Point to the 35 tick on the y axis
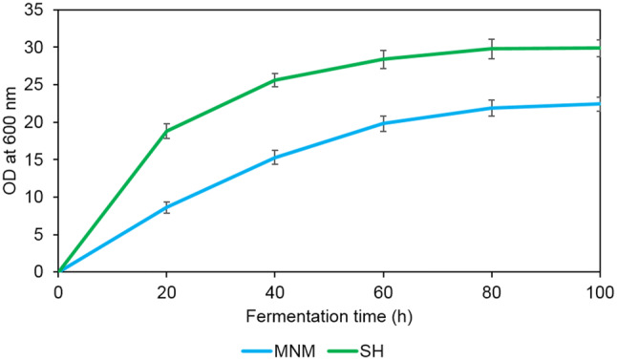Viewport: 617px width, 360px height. coord(37,11)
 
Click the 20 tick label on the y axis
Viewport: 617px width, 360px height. coord(37,122)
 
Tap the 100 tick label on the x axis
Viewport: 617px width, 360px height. coord(600,289)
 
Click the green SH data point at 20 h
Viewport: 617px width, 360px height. coord(166,132)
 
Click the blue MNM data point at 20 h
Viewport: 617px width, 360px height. coord(166,207)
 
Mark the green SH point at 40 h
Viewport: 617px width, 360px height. coord(275,80)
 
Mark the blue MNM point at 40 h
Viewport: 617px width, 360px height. coord(275,158)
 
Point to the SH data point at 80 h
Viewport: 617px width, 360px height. coord(492,49)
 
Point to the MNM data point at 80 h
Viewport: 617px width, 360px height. coord(492,108)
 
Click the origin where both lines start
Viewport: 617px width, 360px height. coord(58,272)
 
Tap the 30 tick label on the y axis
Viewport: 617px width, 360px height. coord(37,48)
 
